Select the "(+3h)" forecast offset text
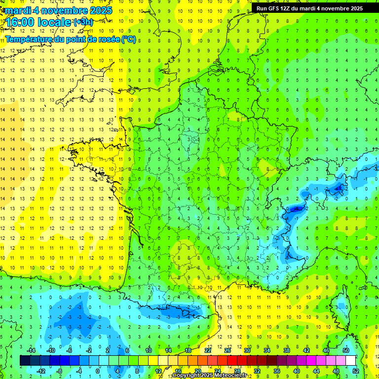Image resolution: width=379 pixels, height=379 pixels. pyautogui.click(x=82, y=22)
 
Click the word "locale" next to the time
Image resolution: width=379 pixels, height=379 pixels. pyautogui.click(x=56, y=22)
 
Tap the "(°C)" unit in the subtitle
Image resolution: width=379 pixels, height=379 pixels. pyautogui.click(x=129, y=39)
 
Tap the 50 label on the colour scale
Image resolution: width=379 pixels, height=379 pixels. pyautogui.click(x=345, y=350)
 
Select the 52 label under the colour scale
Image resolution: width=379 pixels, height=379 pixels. pyautogui.click(x=356, y=371)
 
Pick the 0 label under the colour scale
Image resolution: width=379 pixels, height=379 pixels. pyautogui.click(x=98, y=371)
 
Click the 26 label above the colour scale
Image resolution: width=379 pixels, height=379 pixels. pyautogui.click(x=227, y=350)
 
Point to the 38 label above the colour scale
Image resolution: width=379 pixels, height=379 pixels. pyautogui.click(x=286, y=350)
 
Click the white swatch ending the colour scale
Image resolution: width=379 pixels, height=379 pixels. pyautogui.click(x=350, y=360)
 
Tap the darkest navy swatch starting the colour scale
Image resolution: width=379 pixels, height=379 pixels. pyautogui.click(x=25, y=360)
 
